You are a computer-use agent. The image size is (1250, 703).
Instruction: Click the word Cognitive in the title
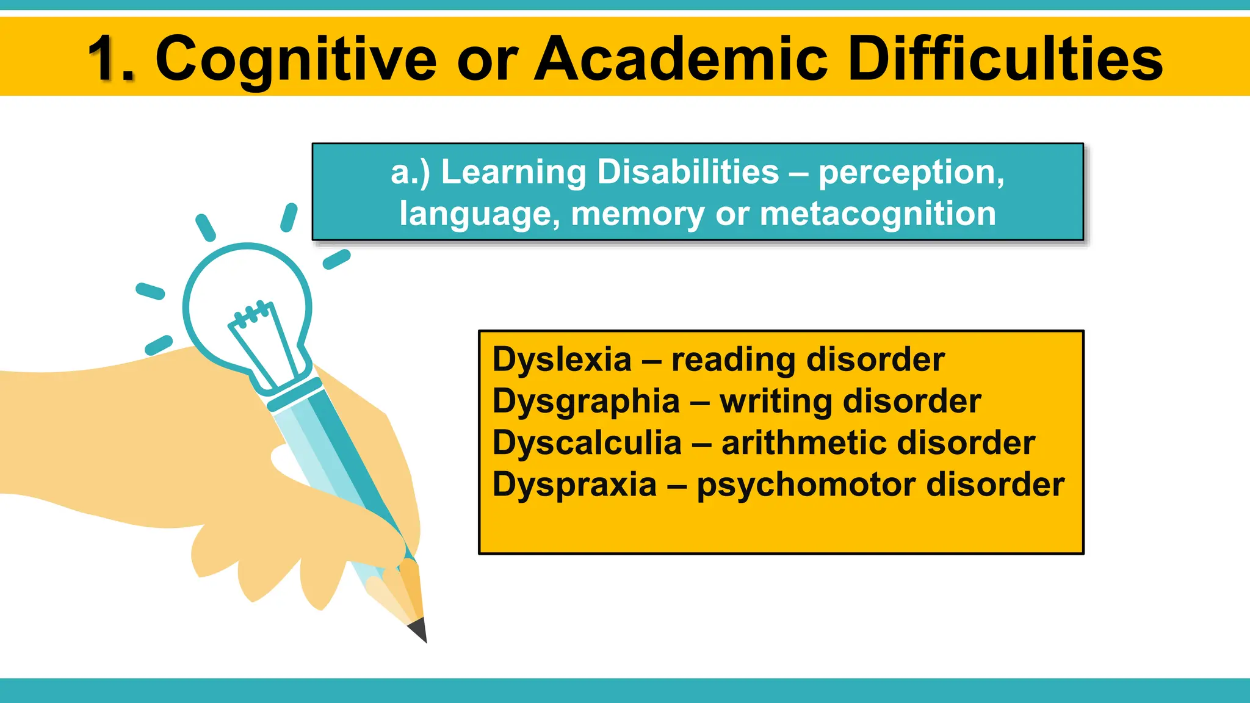295,59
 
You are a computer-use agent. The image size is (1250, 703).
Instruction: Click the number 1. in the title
112,59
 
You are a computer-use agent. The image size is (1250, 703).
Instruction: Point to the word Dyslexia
562,359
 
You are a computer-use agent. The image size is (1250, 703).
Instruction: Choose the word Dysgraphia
586,402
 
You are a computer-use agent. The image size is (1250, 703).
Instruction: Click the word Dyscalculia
587,442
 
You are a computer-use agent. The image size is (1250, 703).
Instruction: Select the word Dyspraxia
574,485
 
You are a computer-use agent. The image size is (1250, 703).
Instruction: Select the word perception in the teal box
911,173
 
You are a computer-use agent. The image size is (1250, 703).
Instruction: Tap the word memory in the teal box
638,215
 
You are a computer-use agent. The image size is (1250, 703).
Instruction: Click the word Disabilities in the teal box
688,171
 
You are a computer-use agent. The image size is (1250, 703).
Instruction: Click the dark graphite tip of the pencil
419,631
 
